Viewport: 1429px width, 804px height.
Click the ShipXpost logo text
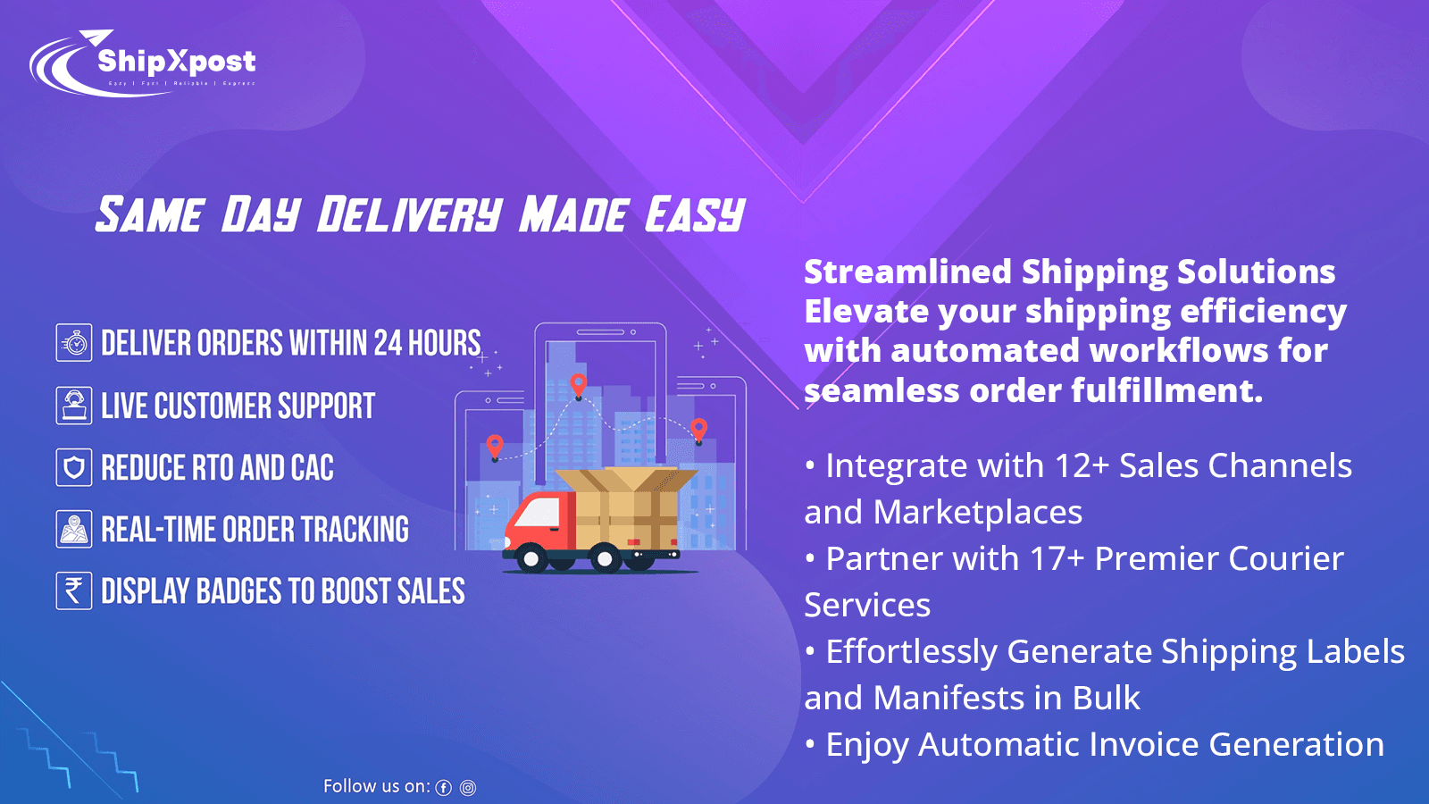pyautogui.click(x=176, y=61)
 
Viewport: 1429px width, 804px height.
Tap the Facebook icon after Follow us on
pyautogui.click(x=444, y=788)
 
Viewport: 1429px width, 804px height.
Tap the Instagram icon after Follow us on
pyautogui.click(x=468, y=788)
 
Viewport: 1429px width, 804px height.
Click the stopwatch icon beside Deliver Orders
pyautogui.click(x=74, y=343)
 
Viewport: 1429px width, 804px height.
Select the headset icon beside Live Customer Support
pyautogui.click(x=74, y=406)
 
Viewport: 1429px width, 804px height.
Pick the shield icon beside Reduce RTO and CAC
pyautogui.click(x=74, y=467)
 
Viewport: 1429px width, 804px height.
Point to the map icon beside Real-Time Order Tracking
pyautogui.click(x=74, y=529)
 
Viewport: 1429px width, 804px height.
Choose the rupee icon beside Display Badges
pyautogui.click(x=74, y=590)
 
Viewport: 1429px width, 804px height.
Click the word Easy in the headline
pyautogui.click(x=695, y=215)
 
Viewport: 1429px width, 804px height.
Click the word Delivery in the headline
pyautogui.click(x=409, y=215)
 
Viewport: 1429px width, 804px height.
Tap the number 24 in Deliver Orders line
pyautogui.click(x=388, y=343)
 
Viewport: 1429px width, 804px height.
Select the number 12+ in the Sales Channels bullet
pyautogui.click(x=1082, y=465)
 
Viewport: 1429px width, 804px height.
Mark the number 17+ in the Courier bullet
pyautogui.click(x=1057, y=558)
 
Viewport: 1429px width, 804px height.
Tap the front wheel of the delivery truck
pyautogui.click(x=532, y=559)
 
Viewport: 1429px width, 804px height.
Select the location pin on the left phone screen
pyautogui.click(x=495, y=445)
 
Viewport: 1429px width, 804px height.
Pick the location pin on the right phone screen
pyautogui.click(x=699, y=429)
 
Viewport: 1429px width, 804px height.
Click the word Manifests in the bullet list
pyautogui.click(x=949, y=698)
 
